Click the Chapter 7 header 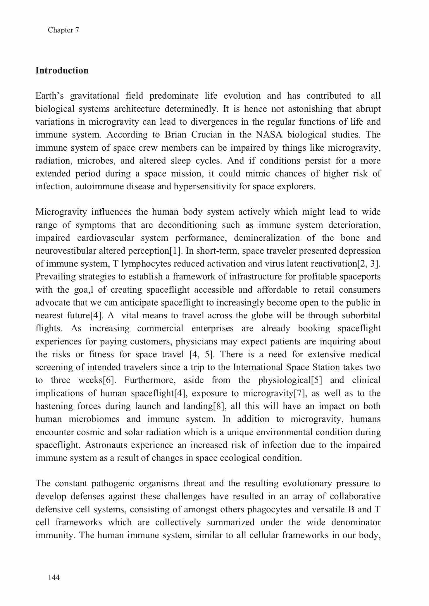pos(63,30)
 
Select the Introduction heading pos(62,71)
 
